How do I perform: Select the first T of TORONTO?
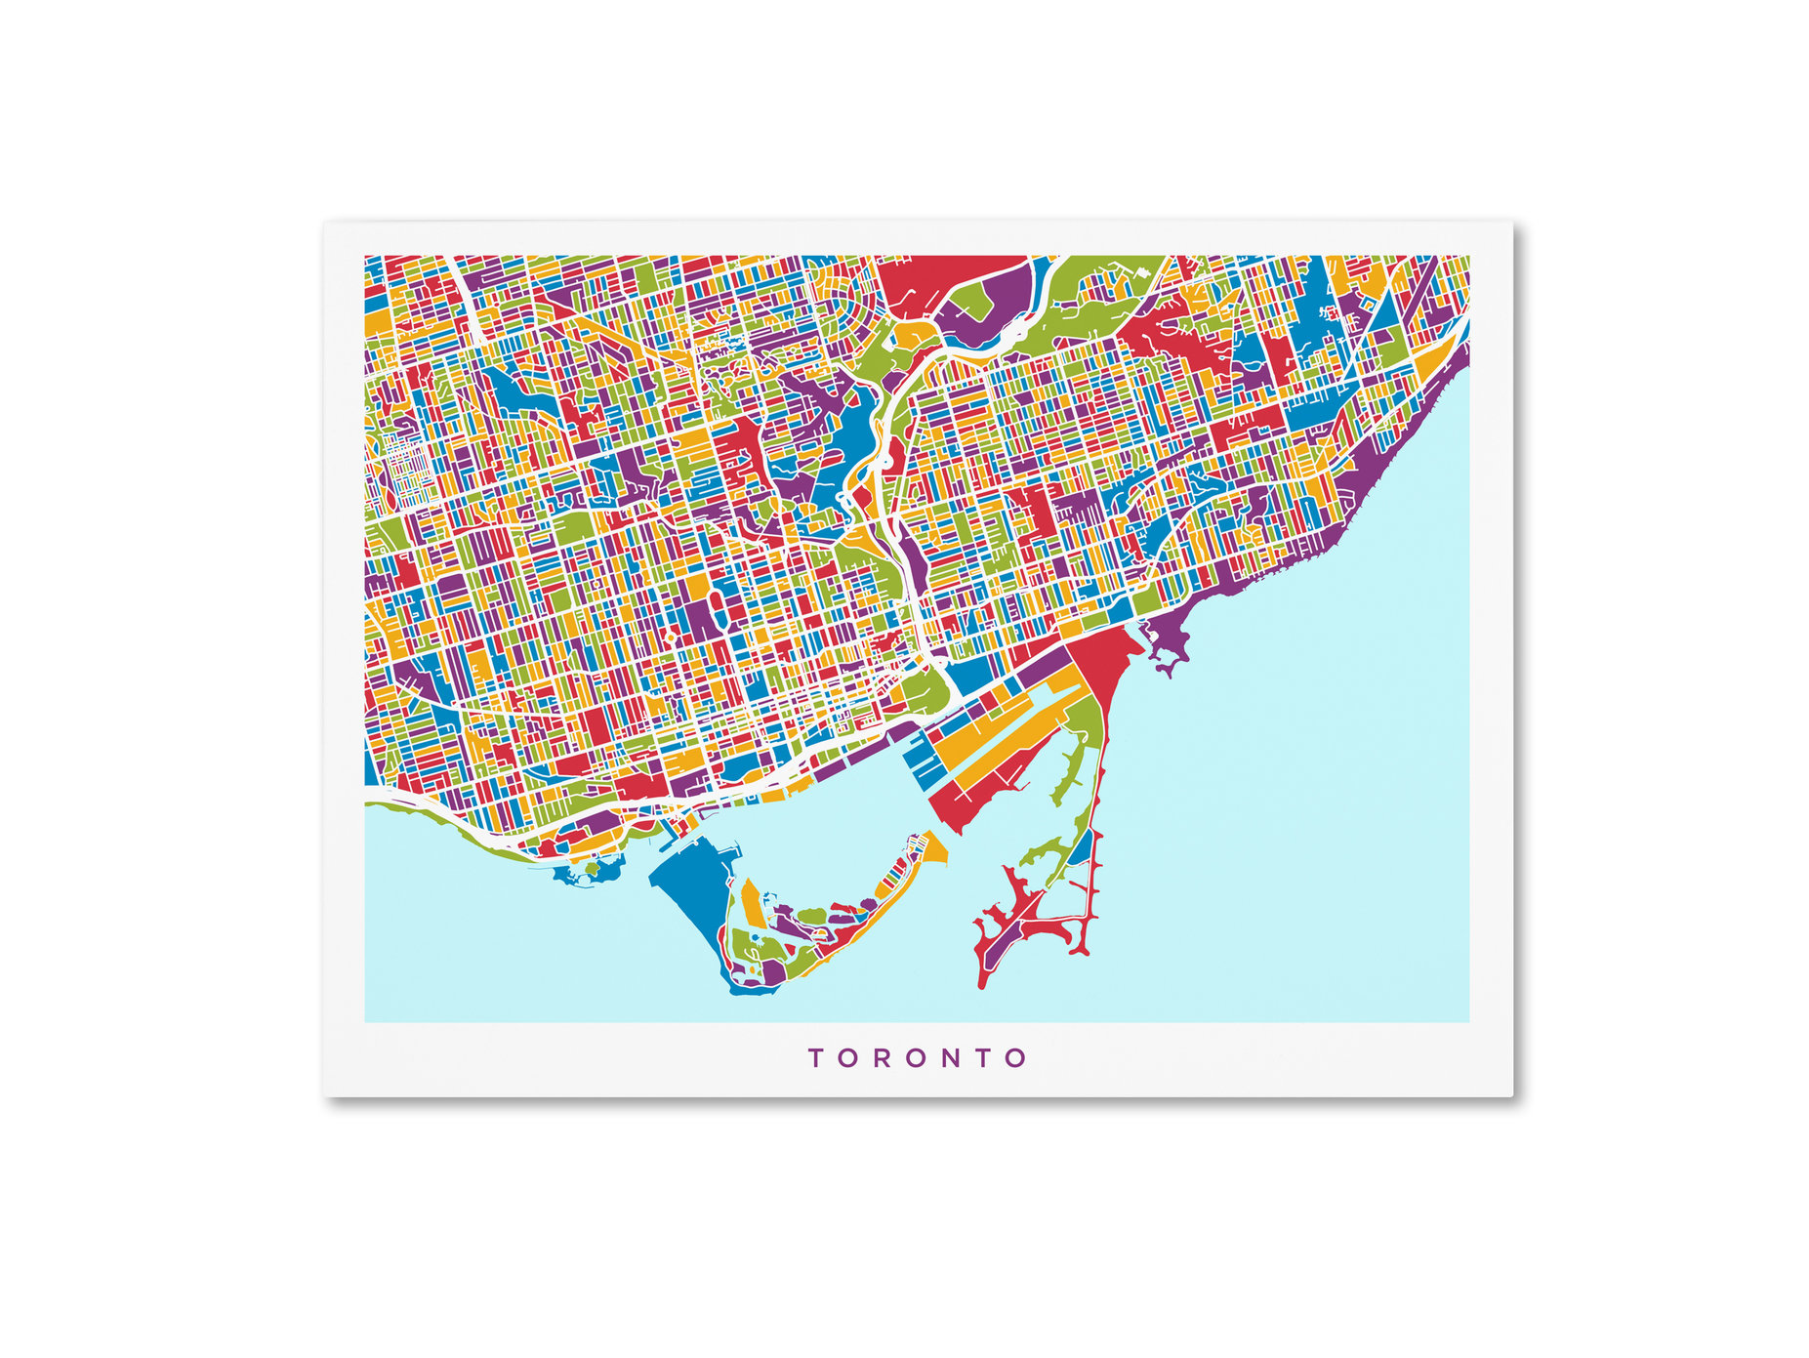[x=815, y=1058]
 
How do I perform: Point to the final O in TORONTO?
[x=1016, y=1058]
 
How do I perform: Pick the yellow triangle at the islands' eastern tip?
[x=935, y=849]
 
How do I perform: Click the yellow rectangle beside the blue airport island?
[x=753, y=903]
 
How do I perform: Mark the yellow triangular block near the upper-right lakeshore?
[x=1430, y=361]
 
